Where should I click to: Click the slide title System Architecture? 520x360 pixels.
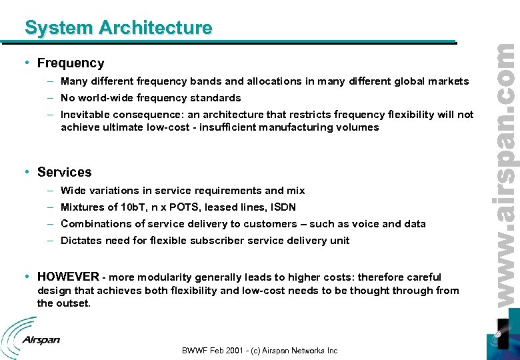(x=118, y=28)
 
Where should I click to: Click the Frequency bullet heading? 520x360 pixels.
(x=71, y=63)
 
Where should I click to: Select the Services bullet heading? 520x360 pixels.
(x=64, y=172)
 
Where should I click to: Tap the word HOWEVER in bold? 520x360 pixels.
(x=69, y=277)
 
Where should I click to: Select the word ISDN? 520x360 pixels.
(x=283, y=207)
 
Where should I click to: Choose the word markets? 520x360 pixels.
(x=448, y=81)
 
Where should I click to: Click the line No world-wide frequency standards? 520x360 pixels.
(x=151, y=98)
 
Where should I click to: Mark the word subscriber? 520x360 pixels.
(x=213, y=241)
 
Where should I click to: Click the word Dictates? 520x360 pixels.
(x=81, y=241)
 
